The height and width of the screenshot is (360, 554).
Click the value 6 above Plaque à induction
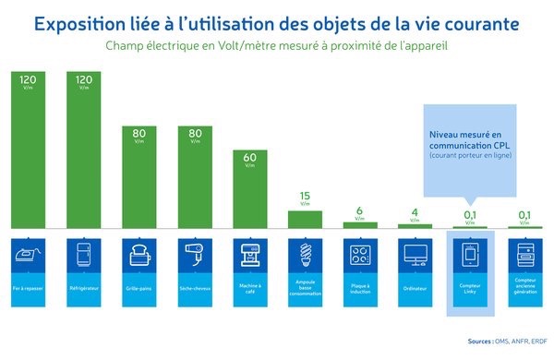coord(359,209)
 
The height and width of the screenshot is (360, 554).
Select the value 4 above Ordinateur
coord(415,211)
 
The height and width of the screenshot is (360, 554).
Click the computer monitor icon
coord(415,253)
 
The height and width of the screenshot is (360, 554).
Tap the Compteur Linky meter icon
coord(470,253)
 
